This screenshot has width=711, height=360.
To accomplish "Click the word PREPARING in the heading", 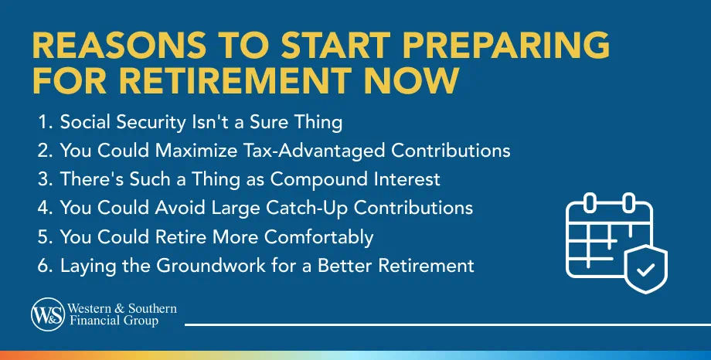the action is click(x=505, y=46).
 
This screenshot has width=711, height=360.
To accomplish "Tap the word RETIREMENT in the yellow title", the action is click(x=237, y=80).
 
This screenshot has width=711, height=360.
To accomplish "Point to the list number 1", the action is click(x=45, y=122).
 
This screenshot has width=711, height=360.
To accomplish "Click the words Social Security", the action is click(x=123, y=122).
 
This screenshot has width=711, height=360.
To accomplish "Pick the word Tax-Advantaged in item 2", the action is click(x=315, y=151).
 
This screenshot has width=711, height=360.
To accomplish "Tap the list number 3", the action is click(x=46, y=179).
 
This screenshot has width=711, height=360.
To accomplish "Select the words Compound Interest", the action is click(x=355, y=179).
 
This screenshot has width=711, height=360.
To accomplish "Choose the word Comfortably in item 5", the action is click(x=318, y=237).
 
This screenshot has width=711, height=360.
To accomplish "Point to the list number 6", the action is click(x=46, y=266).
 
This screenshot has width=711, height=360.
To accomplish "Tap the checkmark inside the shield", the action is click(x=645, y=270).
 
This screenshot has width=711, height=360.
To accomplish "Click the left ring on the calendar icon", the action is click(x=590, y=202).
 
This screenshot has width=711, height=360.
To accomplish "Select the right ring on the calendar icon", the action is click(x=629, y=202).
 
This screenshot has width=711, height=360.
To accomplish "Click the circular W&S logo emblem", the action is click(x=48, y=314).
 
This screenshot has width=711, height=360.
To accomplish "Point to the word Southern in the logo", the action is click(x=152, y=309).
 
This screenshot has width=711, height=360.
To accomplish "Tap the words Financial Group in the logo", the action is click(x=114, y=321).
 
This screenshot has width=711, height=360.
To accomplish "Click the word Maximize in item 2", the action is click(x=196, y=151).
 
